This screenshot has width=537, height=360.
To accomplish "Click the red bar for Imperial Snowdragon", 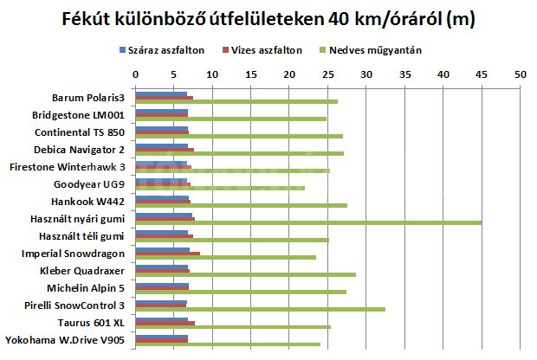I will point(168,254).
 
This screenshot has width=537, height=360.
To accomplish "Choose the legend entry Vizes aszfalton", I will point(264,50).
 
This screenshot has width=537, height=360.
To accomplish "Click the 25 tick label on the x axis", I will point(328,75).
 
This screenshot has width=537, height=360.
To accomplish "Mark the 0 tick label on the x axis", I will point(137,75).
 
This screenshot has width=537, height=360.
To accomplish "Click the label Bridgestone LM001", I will point(78,114).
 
